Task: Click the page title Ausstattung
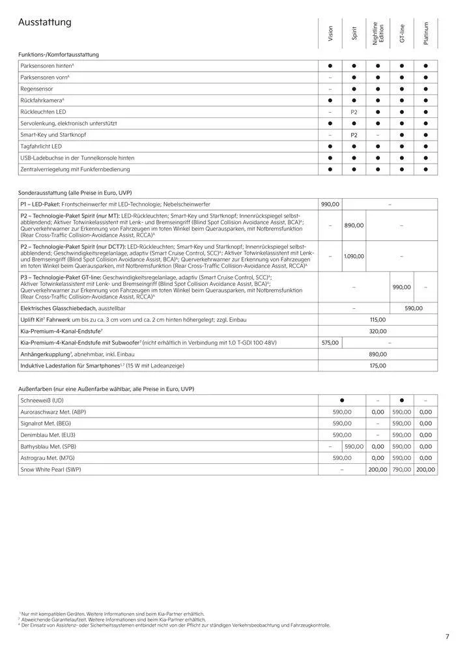pos(44,23)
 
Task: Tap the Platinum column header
pos(425,33)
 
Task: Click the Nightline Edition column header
pos(378,33)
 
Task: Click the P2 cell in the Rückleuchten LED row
pos(354,112)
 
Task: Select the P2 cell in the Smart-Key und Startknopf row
pos(354,135)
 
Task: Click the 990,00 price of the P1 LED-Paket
pos(330,204)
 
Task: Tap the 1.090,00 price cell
pos(354,256)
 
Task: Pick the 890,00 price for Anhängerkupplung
pos(378,354)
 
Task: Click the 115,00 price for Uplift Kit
pos(378,320)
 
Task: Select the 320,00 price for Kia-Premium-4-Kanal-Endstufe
pos(378,331)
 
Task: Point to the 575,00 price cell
pos(330,342)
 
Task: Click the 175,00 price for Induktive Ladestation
pos(378,366)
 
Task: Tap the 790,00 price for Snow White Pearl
pos(402,469)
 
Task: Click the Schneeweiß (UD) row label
pos(42,400)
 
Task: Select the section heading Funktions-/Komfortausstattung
pos(59,55)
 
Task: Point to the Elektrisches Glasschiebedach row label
pos(71,308)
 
